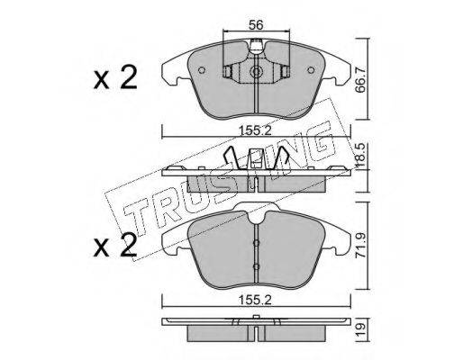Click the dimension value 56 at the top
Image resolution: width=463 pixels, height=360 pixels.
(x=256, y=25)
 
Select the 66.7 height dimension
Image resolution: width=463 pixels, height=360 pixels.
(x=360, y=80)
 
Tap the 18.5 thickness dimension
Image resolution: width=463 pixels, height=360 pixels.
(x=360, y=155)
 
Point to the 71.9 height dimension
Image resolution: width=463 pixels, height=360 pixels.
(x=360, y=245)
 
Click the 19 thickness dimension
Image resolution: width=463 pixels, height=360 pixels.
(x=360, y=329)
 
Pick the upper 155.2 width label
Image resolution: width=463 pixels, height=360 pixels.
(x=255, y=131)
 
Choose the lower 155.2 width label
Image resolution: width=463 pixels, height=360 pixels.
(x=255, y=300)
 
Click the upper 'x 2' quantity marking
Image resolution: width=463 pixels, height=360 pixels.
(x=115, y=77)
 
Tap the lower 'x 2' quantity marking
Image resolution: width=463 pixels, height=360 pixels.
(x=115, y=246)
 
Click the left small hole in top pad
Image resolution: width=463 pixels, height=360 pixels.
(x=202, y=70)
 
